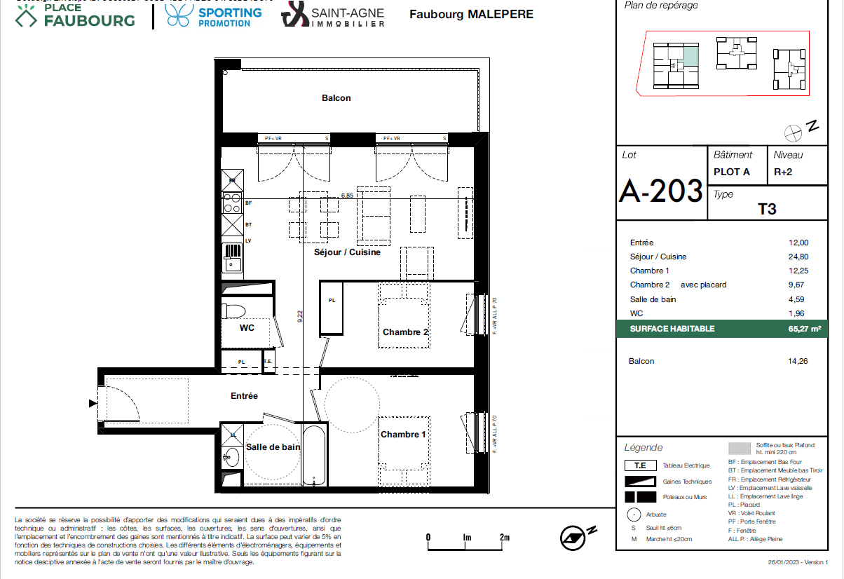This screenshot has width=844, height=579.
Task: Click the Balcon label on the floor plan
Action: click(x=336, y=98)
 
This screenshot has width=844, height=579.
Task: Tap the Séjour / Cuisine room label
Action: click(x=347, y=252)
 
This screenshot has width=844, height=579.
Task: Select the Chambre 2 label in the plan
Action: click(x=405, y=332)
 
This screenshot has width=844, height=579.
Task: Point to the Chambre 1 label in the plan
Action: click(x=403, y=435)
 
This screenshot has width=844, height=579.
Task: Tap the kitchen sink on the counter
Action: click(x=232, y=261)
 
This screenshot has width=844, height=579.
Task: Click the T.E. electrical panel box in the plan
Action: click(x=268, y=362)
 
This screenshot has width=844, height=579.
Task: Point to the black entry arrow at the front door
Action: click(x=93, y=403)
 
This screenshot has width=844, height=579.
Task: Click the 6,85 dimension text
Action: click(x=347, y=196)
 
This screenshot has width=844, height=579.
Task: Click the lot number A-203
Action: click(x=660, y=190)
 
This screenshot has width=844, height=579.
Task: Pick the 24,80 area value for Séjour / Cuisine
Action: click(x=798, y=257)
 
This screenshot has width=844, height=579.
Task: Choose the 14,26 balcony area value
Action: click(x=798, y=361)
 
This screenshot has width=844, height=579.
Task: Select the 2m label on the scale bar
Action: click(x=504, y=537)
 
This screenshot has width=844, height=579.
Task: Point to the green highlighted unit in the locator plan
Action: click(x=690, y=55)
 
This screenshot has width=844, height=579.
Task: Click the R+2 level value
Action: click(x=783, y=172)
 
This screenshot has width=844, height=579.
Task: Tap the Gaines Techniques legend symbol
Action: click(x=640, y=482)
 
